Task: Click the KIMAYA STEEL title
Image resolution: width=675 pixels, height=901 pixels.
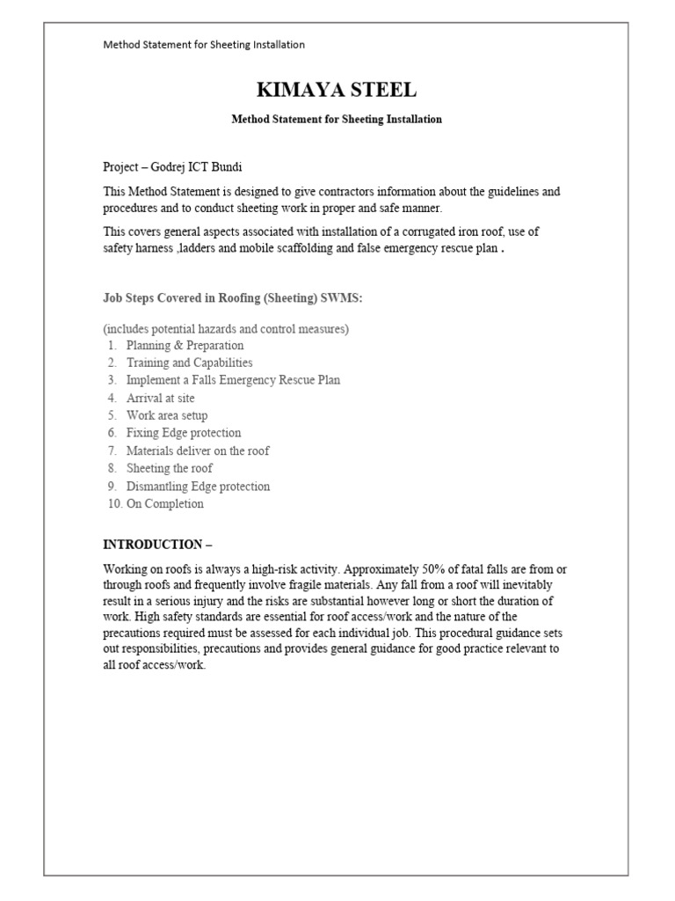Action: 337,90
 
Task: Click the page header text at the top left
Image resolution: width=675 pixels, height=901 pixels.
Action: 204,44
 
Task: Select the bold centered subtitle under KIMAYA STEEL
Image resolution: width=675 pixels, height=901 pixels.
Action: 337,119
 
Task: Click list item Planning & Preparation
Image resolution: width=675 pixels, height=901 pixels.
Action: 185,345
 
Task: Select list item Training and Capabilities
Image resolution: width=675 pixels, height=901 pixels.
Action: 189,363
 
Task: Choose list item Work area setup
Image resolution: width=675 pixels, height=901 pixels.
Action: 167,415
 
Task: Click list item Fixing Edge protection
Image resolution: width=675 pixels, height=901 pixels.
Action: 183,433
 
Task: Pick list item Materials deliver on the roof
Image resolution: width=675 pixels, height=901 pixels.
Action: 198,450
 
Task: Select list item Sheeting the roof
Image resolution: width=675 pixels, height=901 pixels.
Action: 169,468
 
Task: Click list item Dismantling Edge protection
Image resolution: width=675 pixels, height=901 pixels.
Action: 198,486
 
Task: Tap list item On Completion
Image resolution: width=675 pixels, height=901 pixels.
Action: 164,503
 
